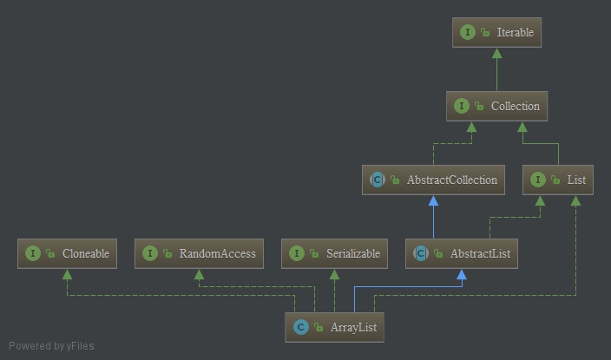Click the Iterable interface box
(x=496, y=32)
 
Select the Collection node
(x=496, y=106)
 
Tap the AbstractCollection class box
(x=433, y=180)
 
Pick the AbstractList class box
(x=462, y=253)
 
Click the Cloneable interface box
(x=67, y=253)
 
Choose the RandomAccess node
(x=199, y=253)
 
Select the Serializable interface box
(x=334, y=253)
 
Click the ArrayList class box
(x=334, y=327)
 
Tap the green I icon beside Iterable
(x=468, y=32)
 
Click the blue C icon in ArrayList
(x=301, y=327)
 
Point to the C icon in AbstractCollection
(x=378, y=180)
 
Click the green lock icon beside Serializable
(x=314, y=253)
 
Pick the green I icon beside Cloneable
(x=33, y=253)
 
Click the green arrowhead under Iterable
(x=496, y=53)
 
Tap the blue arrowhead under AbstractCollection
(x=433, y=200)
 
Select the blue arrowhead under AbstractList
(x=462, y=274)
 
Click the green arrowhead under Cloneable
(x=67, y=274)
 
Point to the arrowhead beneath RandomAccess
(x=199, y=274)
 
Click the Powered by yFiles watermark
(x=51, y=346)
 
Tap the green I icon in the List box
(x=538, y=180)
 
